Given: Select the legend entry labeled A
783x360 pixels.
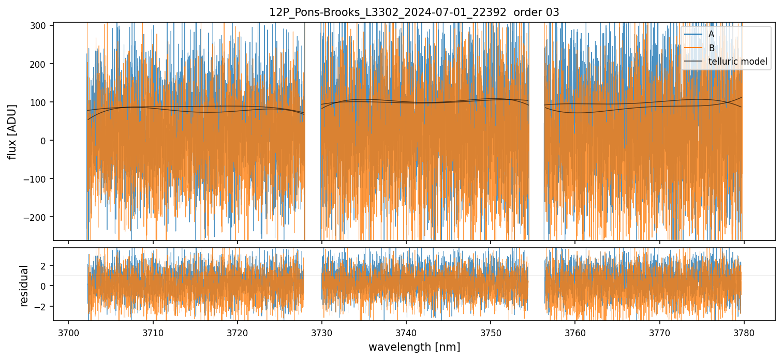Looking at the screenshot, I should pyautogui.click(x=712, y=34).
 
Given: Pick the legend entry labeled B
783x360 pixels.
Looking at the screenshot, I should pyautogui.click(x=712, y=48).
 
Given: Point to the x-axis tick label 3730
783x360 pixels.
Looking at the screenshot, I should pyautogui.click(x=322, y=332).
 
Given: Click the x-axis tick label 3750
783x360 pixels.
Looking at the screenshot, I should pyautogui.click(x=491, y=332).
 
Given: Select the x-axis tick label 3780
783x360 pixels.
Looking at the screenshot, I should pyautogui.click(x=744, y=332).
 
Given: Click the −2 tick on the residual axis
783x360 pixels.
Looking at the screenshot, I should pyautogui.click(x=42, y=307).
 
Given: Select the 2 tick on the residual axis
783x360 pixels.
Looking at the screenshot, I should pyautogui.click(x=45, y=265).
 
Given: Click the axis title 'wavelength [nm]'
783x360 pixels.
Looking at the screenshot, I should pyautogui.click(x=414, y=347).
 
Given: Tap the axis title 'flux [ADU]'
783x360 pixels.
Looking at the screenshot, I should pyautogui.click(x=12, y=131).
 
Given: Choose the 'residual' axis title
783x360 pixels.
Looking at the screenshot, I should pyautogui.click(x=24, y=285).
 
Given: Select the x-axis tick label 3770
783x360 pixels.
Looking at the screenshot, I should pyautogui.click(x=659, y=332).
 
